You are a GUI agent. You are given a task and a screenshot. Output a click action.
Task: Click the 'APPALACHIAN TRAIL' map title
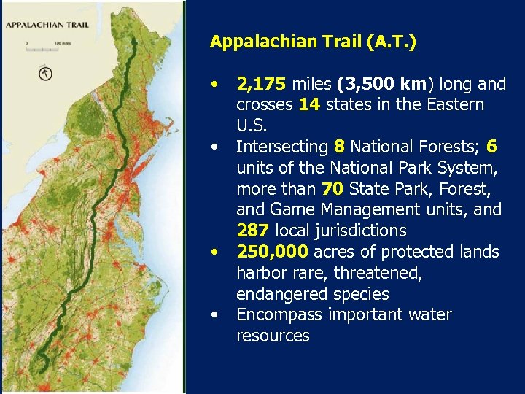pos(47,24)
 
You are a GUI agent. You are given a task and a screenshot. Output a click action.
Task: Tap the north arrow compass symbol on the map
pos(45,73)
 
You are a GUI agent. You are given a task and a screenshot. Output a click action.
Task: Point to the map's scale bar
pos(44,47)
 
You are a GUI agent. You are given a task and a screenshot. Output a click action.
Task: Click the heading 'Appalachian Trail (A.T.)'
pos(313,42)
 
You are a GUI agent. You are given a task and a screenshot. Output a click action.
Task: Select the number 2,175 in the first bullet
pos(260,84)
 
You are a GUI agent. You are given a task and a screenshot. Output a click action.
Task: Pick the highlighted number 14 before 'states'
pos(310,104)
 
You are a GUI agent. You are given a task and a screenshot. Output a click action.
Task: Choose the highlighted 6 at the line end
pos(491,147)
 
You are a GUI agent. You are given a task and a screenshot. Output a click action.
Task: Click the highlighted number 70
pos(332,189)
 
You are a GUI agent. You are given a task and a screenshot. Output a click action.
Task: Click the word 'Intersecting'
pos(281,147)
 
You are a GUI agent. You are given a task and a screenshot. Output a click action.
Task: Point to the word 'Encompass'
pos(276,314)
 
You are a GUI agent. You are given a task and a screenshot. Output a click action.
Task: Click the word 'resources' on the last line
pos(273,336)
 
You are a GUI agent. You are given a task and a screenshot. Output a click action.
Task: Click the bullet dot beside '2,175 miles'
pos(214,84)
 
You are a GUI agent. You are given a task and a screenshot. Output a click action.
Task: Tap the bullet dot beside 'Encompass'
pos(214,314)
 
